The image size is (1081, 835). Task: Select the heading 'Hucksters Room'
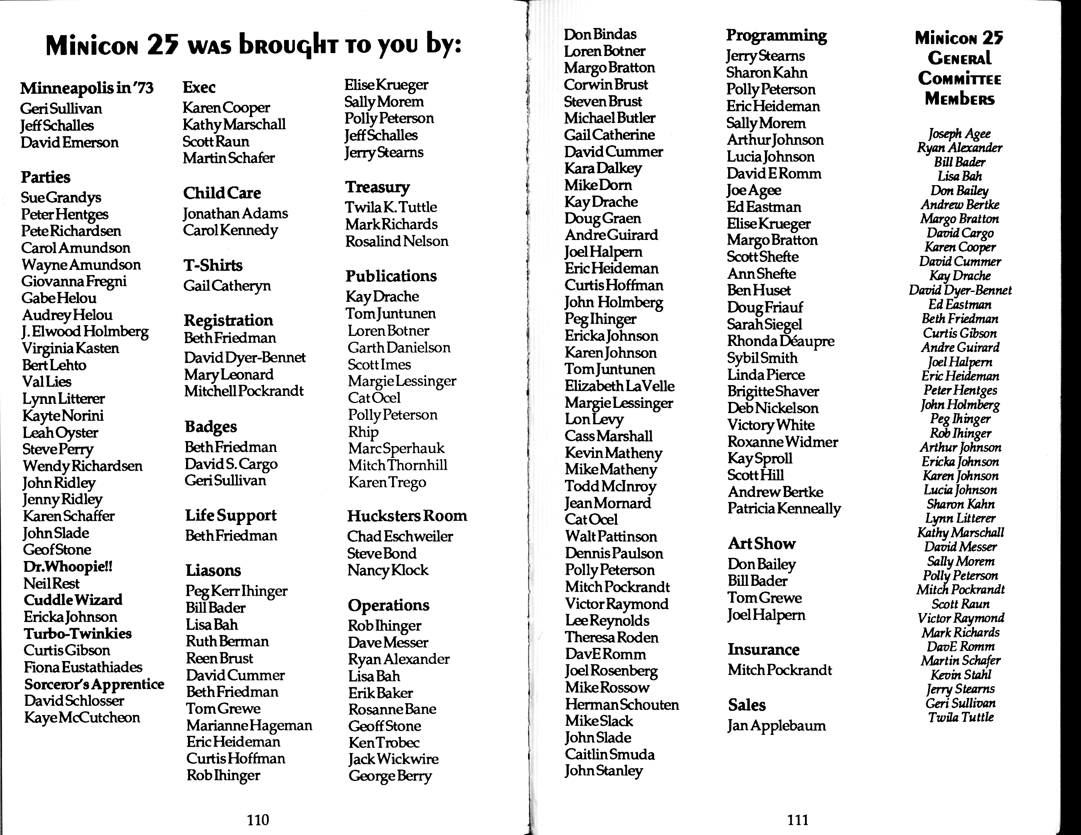tap(407, 516)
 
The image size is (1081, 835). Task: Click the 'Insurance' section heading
tap(763, 649)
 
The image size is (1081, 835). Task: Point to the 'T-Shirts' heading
tap(213, 266)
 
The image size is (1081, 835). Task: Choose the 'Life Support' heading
tap(231, 515)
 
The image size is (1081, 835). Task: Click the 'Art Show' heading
tap(761, 543)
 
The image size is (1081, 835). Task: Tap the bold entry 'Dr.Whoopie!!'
tap(68, 566)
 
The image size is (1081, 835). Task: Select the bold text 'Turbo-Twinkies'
tap(78, 634)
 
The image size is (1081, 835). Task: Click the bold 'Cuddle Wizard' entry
tap(73, 600)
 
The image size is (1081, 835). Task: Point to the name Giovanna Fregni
tap(74, 282)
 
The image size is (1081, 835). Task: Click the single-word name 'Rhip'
tap(363, 432)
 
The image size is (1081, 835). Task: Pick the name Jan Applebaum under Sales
tap(777, 726)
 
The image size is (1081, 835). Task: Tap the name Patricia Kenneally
tap(784, 509)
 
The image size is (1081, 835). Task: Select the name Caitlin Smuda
tap(610, 754)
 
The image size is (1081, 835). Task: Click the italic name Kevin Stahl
tap(960, 675)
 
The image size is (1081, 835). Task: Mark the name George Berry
tap(390, 776)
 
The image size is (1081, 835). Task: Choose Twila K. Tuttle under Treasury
tap(391, 207)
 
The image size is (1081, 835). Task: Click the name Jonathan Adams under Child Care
tap(235, 214)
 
